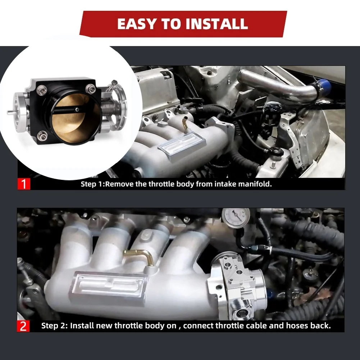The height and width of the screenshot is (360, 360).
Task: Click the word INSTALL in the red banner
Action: pyautogui.click(x=217, y=24)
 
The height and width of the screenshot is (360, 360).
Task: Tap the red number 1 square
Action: pyautogui.click(x=24, y=184)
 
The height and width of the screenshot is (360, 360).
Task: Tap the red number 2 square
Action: pyautogui.click(x=23, y=326)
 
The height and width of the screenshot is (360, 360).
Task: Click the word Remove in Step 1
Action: pyautogui.click(x=119, y=184)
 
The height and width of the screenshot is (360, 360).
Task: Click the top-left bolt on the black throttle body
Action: pyautogui.click(x=42, y=88)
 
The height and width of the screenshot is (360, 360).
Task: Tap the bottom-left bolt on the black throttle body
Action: pyautogui.click(x=42, y=136)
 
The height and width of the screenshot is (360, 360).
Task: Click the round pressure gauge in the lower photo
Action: pyautogui.click(x=236, y=218)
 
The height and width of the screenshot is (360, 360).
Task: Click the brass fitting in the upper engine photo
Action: pyautogui.click(x=184, y=123)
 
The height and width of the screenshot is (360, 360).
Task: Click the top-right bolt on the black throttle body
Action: pyautogui.click(x=91, y=88)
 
